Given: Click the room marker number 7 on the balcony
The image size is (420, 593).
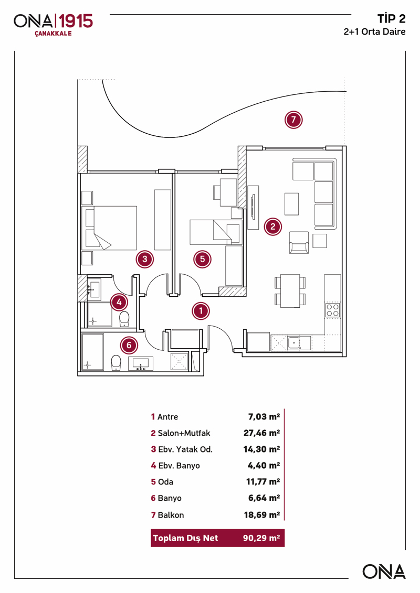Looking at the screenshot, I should coord(293,120).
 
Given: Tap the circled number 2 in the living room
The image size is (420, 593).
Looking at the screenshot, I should coord(272,227).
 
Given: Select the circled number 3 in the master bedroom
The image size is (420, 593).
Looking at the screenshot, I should coord(144,258).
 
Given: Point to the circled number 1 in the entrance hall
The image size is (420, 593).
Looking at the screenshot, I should coord(201,311).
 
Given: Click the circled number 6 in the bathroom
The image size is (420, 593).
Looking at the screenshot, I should coord(129,345).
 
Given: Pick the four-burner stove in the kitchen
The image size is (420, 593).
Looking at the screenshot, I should coord(332,310).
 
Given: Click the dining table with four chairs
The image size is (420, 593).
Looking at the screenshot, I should coord(289,291).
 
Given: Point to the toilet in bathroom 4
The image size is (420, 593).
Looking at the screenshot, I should coord(124,318).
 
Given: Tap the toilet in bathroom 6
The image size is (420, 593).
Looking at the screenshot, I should coord(117,362).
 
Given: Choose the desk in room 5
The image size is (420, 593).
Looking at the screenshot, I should coord(228,192).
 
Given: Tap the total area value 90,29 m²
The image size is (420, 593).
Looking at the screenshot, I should coord(261,538).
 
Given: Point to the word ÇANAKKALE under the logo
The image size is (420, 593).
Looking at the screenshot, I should coord(53,34).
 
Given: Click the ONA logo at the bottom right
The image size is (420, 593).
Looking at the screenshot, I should coord(384,572).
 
